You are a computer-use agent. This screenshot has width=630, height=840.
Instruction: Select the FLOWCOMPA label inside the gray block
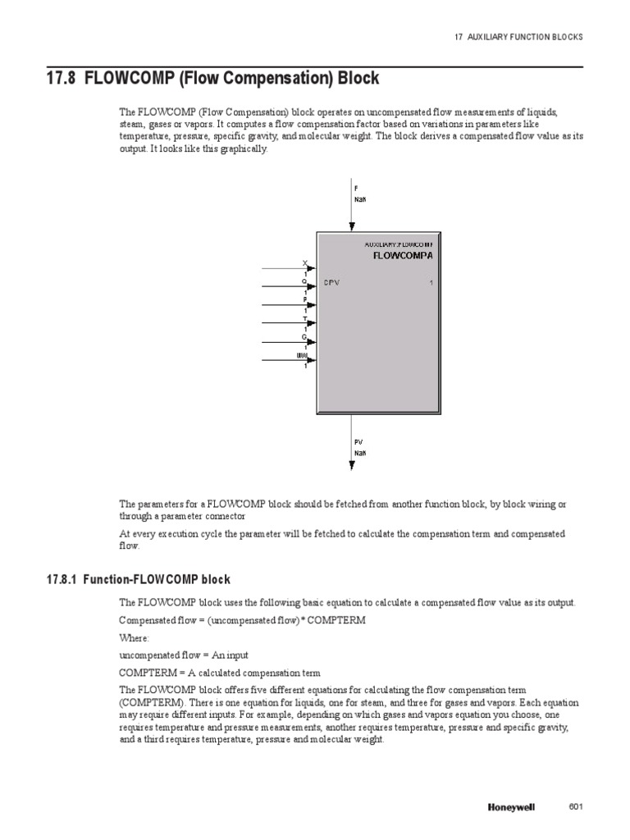point(402,255)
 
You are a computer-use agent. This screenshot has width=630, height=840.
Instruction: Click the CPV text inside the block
point(331,283)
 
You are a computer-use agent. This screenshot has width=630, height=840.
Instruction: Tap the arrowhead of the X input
point(311,268)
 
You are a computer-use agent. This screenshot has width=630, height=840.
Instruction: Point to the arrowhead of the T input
point(311,323)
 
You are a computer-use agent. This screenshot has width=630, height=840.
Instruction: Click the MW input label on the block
point(303,355)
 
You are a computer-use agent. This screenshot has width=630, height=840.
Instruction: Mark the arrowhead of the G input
point(311,341)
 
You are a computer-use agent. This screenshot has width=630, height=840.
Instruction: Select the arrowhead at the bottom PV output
point(352,465)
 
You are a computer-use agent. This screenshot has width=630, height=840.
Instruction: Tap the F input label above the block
point(356,187)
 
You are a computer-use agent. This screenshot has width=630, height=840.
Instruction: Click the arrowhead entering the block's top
point(352,226)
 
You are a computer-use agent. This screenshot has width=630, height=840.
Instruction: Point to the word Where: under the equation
point(135,637)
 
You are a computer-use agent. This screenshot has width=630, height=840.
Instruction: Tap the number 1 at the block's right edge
point(431,283)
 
